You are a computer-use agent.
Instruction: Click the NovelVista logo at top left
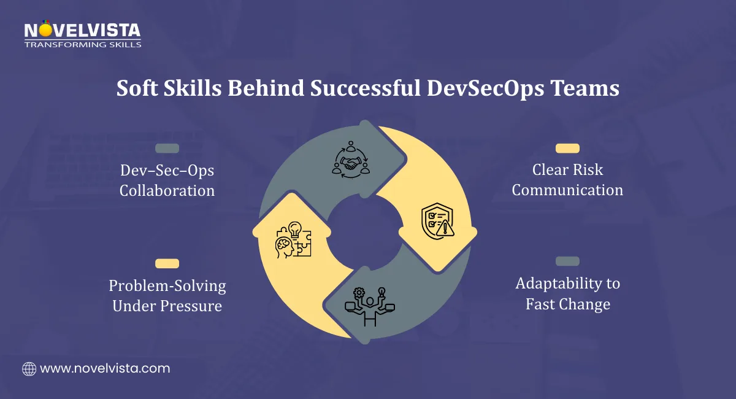tap(82, 31)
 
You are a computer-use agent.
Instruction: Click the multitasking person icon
tap(370, 306)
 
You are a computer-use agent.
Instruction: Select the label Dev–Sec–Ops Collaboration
tap(167, 180)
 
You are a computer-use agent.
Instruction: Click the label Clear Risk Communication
tap(567, 179)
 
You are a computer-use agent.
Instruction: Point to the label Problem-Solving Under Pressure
tap(167, 295)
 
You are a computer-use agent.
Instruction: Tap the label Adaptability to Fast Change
tap(567, 293)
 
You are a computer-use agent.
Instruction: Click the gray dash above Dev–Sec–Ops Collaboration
tap(167, 149)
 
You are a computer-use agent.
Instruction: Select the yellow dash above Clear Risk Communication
tap(567, 149)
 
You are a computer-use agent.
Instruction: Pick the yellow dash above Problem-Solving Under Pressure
tap(167, 263)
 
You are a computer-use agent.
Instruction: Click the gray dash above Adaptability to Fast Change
tap(567, 261)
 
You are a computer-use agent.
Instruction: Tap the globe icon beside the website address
tap(29, 369)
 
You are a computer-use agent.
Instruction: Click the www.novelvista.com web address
tap(105, 369)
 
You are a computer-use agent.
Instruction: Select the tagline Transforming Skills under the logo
tap(82, 44)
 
